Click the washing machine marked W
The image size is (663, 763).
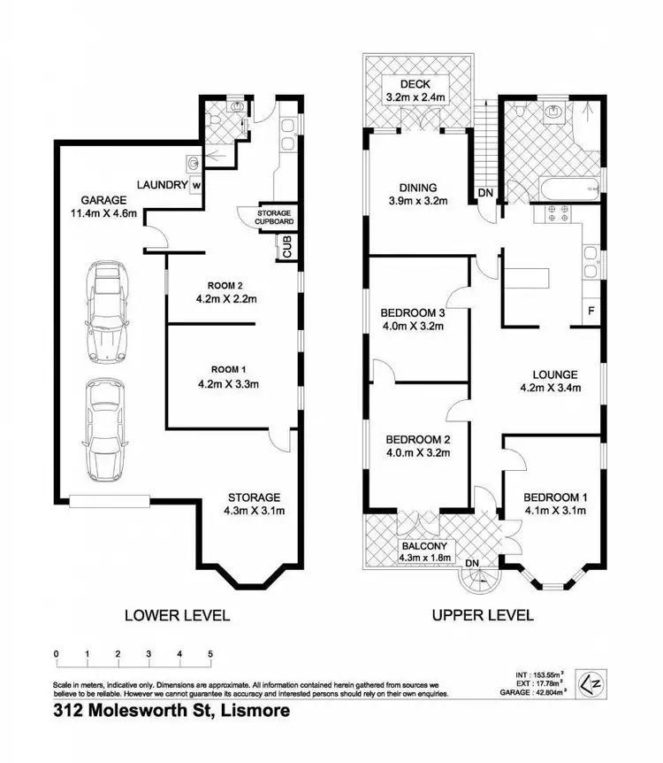(196, 186)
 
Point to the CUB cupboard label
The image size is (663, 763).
(287, 248)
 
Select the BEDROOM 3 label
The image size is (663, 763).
(413, 312)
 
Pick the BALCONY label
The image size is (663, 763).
(425, 545)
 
